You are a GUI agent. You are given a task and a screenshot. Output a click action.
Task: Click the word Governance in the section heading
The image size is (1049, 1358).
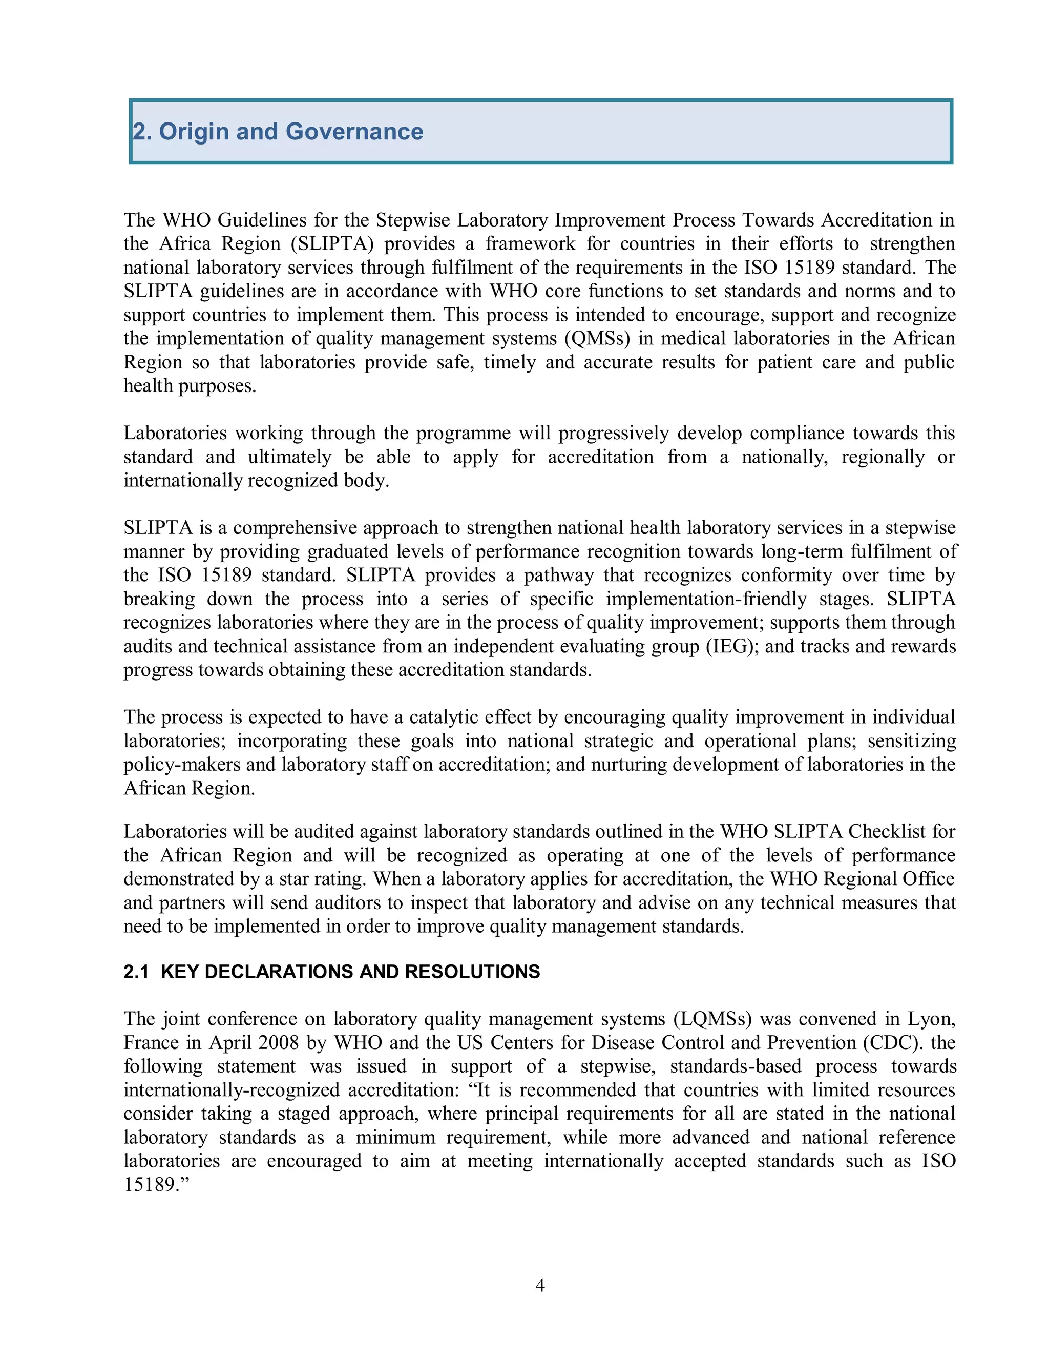point(354,132)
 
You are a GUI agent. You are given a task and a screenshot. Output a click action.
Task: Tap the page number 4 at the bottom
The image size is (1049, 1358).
point(540,1285)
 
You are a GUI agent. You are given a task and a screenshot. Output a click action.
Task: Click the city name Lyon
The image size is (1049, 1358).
point(930,1019)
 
